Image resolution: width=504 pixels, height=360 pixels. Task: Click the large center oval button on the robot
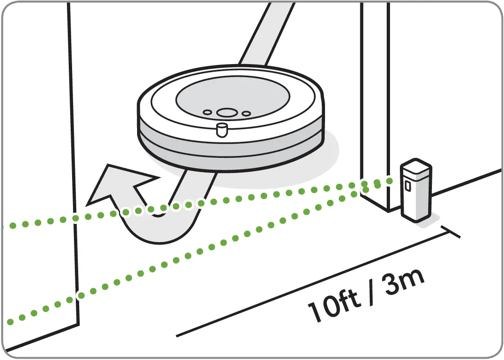point(227,113)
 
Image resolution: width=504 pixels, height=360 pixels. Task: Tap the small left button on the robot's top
point(207,112)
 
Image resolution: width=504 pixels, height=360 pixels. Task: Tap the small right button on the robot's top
point(246,113)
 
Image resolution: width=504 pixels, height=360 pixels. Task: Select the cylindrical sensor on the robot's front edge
point(221,130)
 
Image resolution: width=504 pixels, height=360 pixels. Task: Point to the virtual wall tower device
point(415,191)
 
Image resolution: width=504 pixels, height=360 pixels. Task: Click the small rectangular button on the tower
point(407,186)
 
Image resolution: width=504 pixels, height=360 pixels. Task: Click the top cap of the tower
point(415,167)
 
